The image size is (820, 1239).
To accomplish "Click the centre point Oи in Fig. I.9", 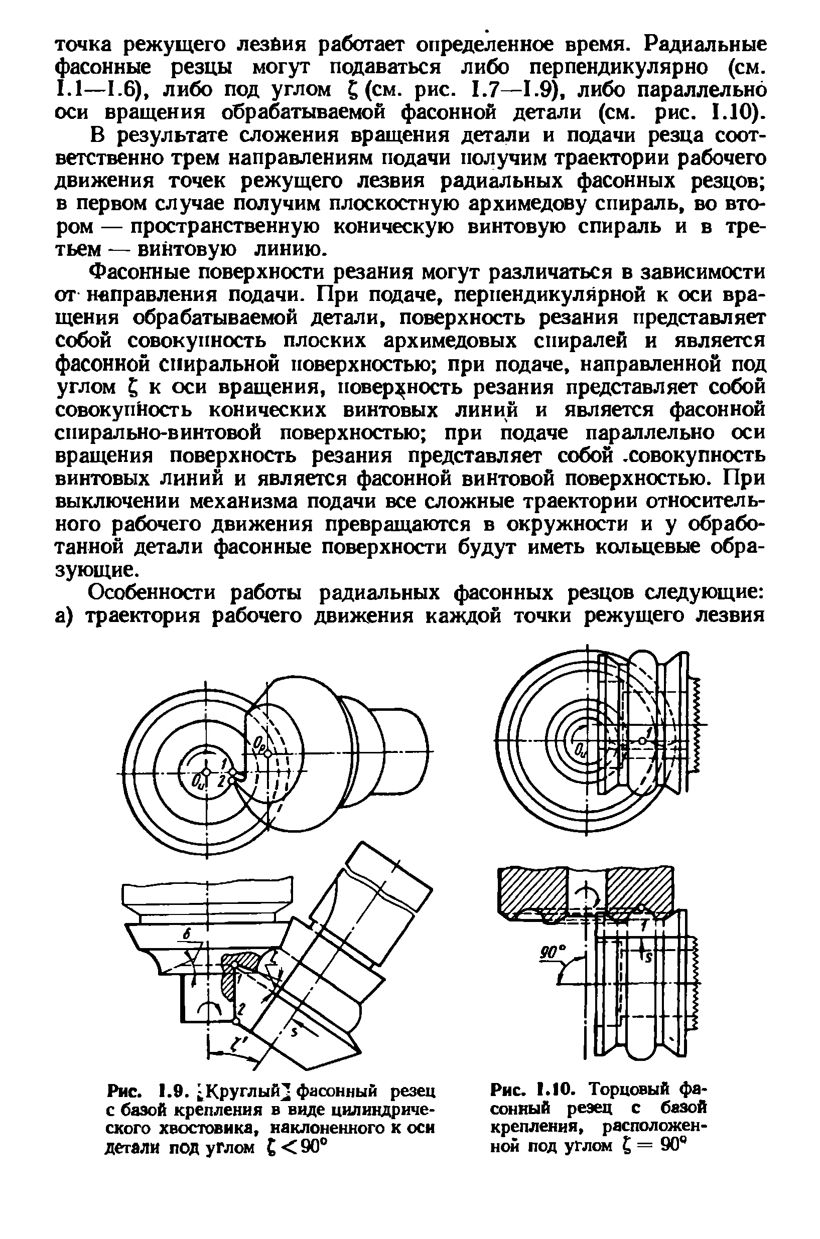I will coord(207,771).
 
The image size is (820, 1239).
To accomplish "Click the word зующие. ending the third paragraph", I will coord(97,569).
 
